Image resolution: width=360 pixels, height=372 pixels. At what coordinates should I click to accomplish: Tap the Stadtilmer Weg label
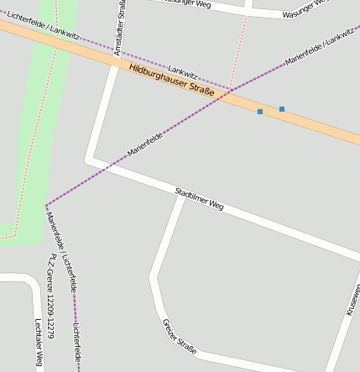coord(200,199)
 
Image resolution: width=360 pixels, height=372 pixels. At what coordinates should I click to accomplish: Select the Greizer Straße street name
coord(179,337)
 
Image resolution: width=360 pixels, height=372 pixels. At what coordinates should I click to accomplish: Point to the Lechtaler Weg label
coord(38,343)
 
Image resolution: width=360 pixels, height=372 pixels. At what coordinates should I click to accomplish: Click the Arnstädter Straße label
coord(123,25)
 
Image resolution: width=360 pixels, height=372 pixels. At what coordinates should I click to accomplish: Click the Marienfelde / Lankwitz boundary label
coord(320,50)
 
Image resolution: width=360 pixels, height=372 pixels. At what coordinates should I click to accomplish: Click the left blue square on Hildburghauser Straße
coord(260,112)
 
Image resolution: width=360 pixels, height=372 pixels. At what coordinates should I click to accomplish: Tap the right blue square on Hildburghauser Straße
coord(282,109)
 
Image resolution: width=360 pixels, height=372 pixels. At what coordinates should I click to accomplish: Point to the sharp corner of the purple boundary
coord(46,205)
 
